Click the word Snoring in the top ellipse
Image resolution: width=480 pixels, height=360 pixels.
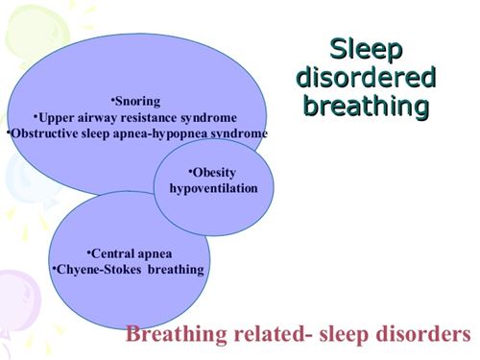tap(137, 101)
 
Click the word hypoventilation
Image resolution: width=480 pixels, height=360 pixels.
tap(214, 188)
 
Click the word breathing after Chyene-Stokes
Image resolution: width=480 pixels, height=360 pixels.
tap(175, 270)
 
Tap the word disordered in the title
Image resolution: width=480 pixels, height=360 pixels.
tap(365, 77)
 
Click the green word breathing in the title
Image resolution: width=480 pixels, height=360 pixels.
tap(365, 105)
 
